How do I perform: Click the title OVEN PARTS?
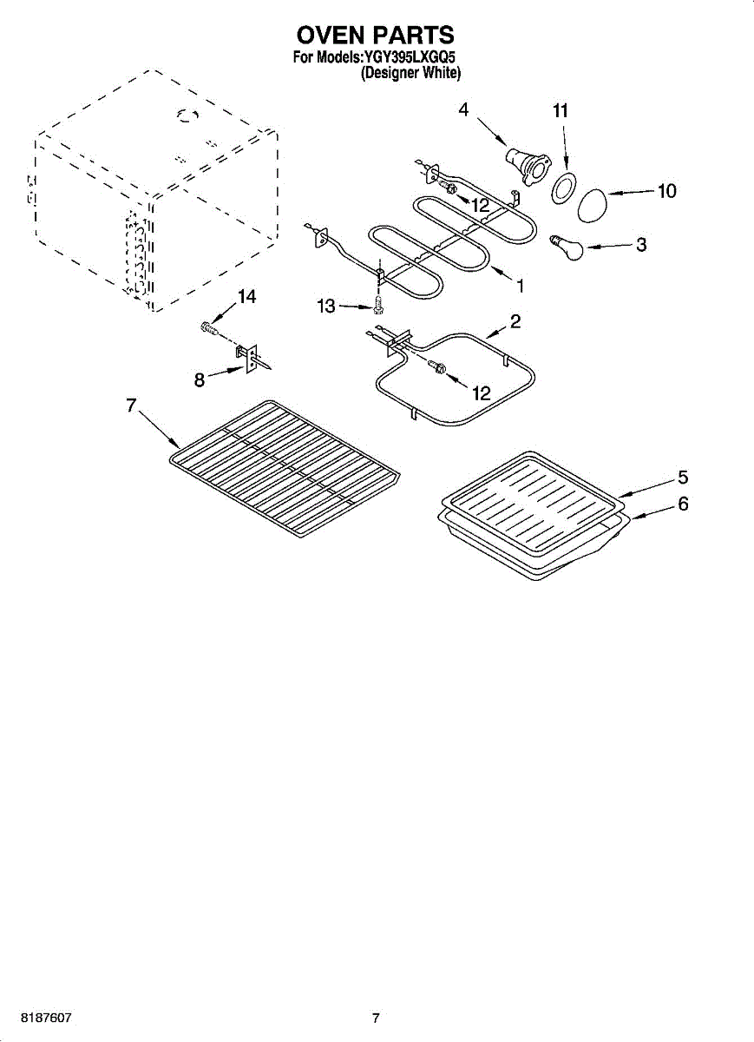point(376,35)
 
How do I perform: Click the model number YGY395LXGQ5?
point(409,58)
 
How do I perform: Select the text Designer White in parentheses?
point(410,74)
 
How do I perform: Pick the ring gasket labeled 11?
point(562,188)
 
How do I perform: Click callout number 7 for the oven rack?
point(132,405)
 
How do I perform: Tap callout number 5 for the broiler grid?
point(683,477)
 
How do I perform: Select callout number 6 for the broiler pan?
point(683,503)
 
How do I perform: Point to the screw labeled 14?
point(207,329)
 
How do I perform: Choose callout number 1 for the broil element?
point(521,285)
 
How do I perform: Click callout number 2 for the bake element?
point(515,322)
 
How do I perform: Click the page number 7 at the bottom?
point(376,1018)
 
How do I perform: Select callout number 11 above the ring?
point(561,110)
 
